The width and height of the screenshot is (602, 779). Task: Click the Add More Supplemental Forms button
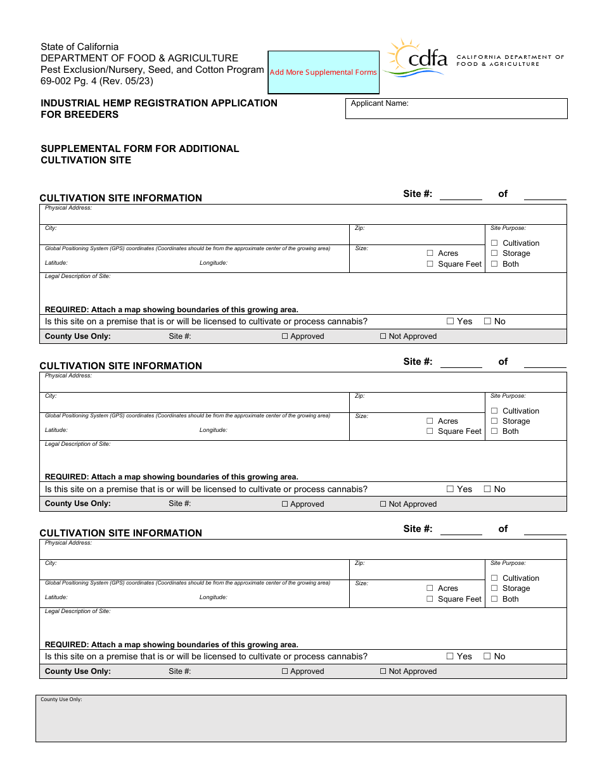click(x=323, y=72)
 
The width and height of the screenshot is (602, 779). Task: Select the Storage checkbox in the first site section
click(x=494, y=253)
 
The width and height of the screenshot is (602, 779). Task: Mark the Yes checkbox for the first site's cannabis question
click(x=451, y=322)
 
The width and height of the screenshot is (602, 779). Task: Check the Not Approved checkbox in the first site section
click(x=383, y=336)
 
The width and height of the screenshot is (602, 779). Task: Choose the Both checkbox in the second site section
click(x=494, y=431)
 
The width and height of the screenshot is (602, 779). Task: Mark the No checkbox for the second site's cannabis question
click(x=488, y=489)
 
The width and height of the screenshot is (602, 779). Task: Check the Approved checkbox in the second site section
click(x=285, y=504)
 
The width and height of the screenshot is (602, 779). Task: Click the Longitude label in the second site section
click(x=213, y=430)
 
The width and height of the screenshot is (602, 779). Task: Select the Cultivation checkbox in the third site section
click(x=494, y=578)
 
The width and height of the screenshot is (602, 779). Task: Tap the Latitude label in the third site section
click(x=56, y=597)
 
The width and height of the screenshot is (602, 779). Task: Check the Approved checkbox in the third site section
click(x=285, y=671)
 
